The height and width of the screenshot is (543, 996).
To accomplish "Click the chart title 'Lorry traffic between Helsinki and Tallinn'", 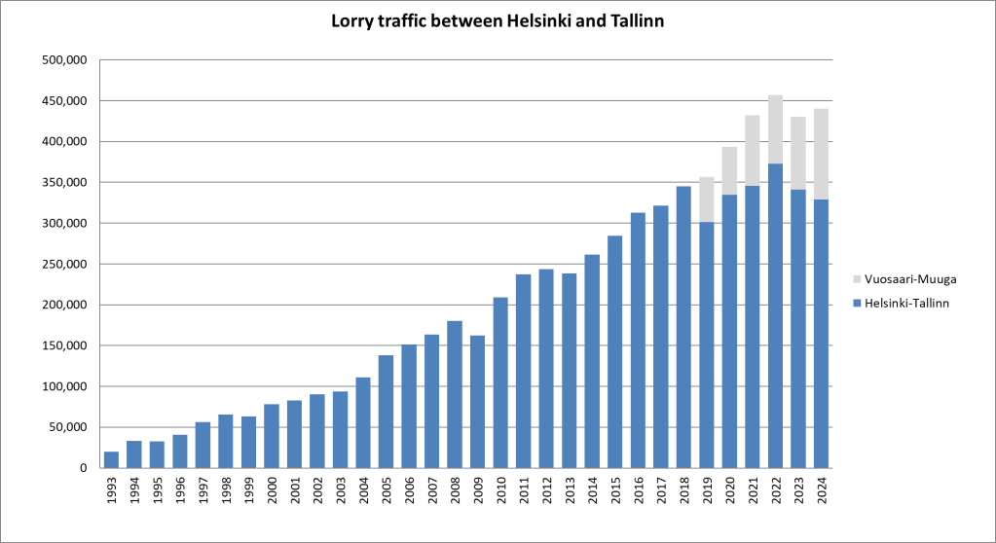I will click(x=498, y=21).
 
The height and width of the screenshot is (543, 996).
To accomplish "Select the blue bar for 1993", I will click(x=112, y=459).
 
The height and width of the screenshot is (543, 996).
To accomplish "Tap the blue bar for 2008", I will click(x=455, y=394).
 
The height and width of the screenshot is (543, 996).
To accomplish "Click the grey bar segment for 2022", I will click(x=775, y=129).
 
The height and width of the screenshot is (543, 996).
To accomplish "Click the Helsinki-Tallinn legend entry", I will click(x=904, y=304).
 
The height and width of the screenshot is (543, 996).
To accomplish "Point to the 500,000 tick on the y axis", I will click(x=65, y=60).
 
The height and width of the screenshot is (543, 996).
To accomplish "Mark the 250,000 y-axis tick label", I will click(x=65, y=264).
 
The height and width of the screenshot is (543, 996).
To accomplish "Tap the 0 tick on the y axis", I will click(x=83, y=468).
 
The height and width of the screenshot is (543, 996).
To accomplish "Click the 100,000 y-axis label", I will click(x=65, y=386).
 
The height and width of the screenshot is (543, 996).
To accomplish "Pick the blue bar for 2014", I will click(x=592, y=361).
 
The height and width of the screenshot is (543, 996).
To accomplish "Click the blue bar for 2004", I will click(x=363, y=422).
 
